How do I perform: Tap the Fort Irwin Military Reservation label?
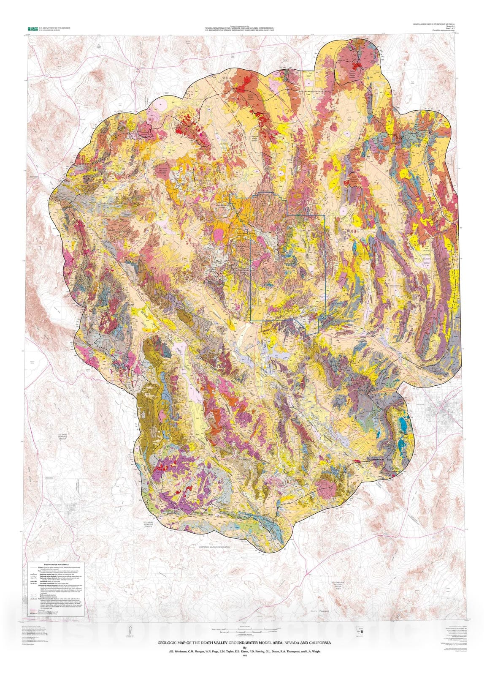coord(215,547)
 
